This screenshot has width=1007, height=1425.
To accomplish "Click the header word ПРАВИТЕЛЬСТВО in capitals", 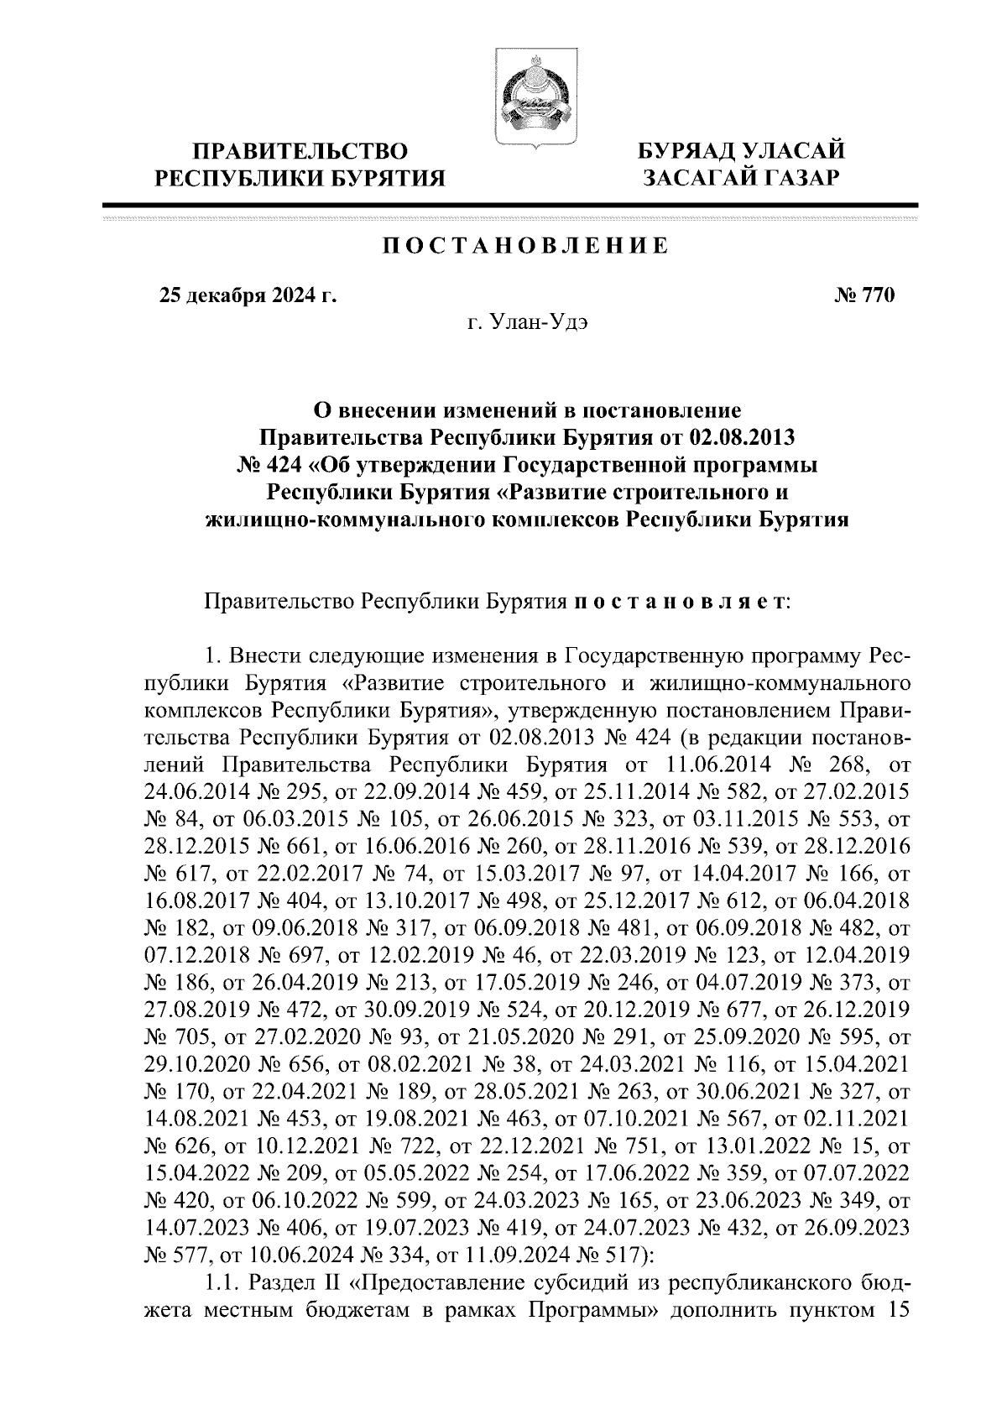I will click(x=301, y=152).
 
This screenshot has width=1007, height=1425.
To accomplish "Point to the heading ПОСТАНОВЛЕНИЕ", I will click(x=525, y=246).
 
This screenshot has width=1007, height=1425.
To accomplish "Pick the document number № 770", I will click(x=865, y=295).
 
